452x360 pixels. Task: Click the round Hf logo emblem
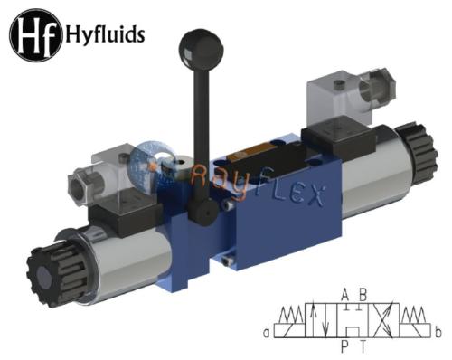click(x=36, y=35)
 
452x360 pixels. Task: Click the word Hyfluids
click(x=105, y=34)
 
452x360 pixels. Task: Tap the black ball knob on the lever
click(x=201, y=50)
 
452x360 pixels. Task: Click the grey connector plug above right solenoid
click(x=350, y=97)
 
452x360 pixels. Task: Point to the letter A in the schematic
click(x=345, y=295)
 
